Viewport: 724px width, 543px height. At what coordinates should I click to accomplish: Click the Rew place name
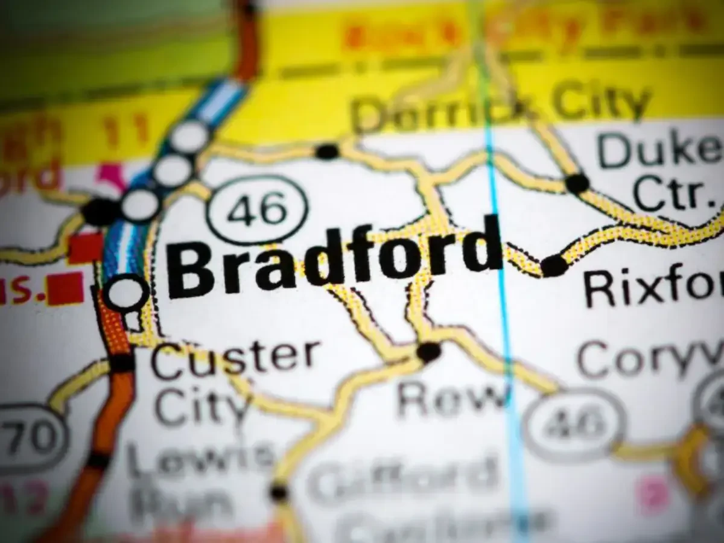point(453,398)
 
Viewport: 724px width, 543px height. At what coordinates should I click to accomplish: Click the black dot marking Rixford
point(553,266)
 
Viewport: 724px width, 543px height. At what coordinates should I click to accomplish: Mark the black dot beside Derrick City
point(328,151)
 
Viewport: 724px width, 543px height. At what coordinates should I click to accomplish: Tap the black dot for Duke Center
point(577,183)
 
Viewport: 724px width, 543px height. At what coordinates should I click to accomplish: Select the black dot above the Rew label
point(429,351)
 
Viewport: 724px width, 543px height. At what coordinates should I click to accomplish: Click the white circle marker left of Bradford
point(127,293)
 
